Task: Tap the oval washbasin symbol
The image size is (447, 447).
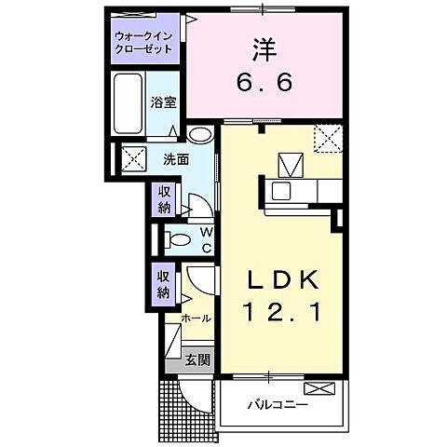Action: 199,133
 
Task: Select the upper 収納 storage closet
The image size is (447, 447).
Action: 164,198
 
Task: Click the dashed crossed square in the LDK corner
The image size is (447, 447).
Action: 328,138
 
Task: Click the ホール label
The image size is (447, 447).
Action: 196,318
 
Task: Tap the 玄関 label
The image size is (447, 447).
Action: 196,359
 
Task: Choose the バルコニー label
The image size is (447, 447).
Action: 278,405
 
